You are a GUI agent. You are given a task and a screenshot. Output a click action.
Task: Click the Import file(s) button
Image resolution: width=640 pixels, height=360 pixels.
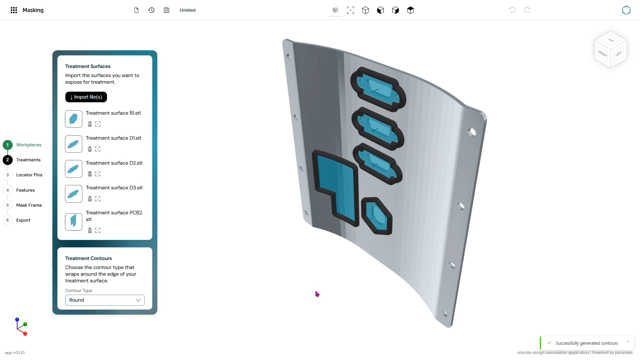pyautogui.click(x=86, y=97)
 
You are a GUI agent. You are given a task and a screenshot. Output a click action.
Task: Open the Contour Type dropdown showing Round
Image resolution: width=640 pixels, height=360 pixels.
pyautogui.click(x=105, y=300)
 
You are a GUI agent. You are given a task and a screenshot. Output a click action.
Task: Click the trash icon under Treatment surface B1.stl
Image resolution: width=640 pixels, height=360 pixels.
pyautogui.click(x=90, y=124)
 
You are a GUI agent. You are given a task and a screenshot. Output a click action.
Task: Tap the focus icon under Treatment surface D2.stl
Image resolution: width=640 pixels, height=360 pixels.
pyautogui.click(x=98, y=174)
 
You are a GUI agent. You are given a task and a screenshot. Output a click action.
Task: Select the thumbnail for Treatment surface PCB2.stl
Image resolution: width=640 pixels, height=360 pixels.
pyautogui.click(x=74, y=222)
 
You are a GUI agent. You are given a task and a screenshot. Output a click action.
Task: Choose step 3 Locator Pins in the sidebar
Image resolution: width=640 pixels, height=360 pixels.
pyautogui.click(x=29, y=175)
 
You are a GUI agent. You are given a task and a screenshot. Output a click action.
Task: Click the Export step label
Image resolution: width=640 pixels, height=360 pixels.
pyautogui.click(x=23, y=220)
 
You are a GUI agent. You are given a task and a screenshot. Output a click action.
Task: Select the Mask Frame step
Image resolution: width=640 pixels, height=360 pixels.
pyautogui.click(x=29, y=205)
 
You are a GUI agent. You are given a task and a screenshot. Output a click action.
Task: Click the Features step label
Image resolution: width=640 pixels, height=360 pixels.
pyautogui.click(x=25, y=190)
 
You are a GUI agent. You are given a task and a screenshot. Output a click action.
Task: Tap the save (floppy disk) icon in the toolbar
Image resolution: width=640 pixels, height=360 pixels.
pyautogui.click(x=166, y=10)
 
